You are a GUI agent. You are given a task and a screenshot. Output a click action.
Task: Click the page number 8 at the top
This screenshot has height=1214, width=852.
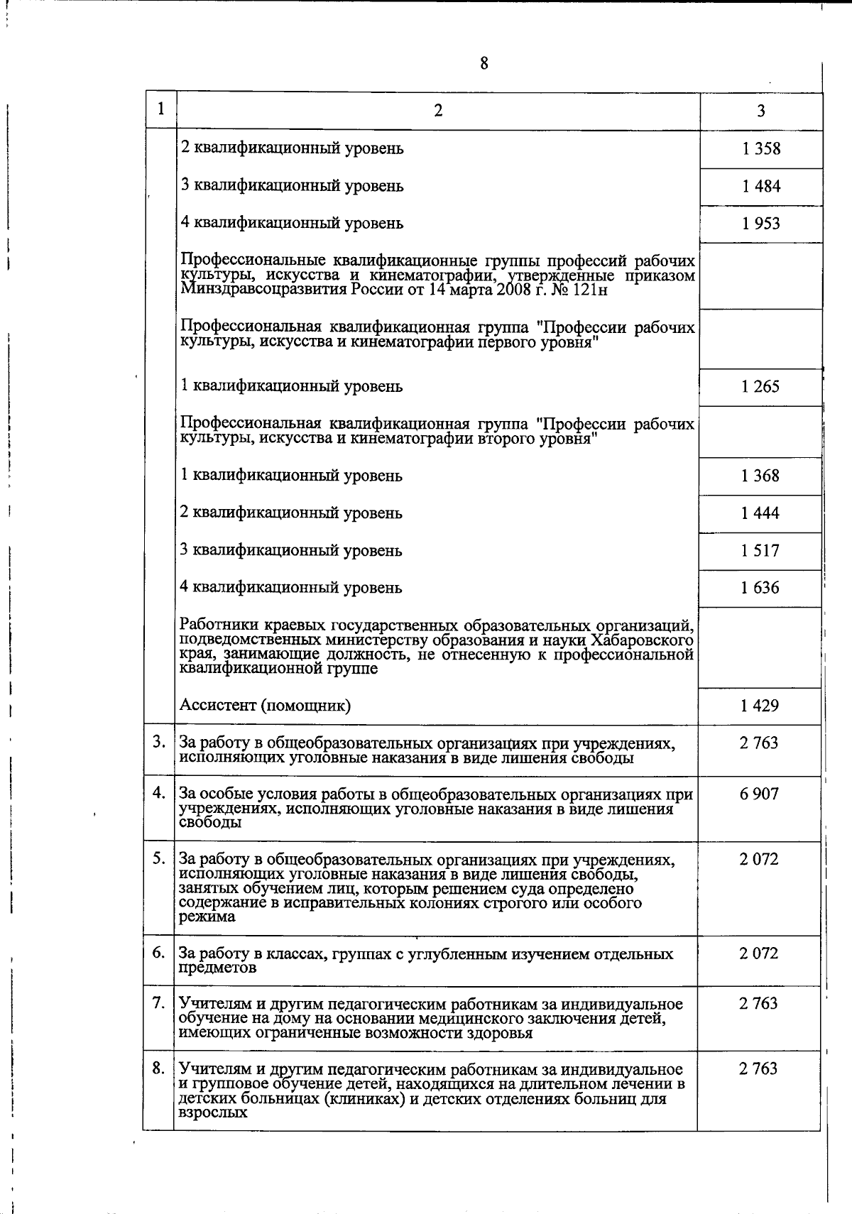click(x=484, y=64)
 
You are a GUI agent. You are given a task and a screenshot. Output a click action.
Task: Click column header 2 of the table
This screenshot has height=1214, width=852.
click(x=438, y=111)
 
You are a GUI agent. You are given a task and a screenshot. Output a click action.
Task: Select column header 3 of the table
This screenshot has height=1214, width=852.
click(x=760, y=111)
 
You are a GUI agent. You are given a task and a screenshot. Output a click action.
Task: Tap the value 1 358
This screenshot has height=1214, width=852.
click(x=760, y=148)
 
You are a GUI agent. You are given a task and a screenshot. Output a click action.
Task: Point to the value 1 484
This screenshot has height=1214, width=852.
click(x=760, y=186)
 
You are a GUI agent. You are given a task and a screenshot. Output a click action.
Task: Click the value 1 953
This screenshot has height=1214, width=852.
click(x=760, y=224)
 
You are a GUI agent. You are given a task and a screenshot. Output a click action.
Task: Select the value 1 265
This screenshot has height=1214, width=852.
click(x=760, y=386)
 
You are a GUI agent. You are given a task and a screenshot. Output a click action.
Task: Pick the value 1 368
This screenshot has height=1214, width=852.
click(x=760, y=476)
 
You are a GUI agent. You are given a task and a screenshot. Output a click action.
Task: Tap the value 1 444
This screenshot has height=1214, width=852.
click(x=760, y=513)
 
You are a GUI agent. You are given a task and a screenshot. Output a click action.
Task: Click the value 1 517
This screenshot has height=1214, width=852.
click(x=760, y=550)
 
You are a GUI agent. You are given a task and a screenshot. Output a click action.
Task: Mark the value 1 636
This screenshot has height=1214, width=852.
click(x=760, y=588)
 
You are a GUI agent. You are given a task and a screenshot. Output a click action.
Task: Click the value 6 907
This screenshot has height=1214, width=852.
click(x=758, y=794)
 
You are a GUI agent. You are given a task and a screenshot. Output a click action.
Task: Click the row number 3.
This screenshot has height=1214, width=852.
click(x=159, y=743)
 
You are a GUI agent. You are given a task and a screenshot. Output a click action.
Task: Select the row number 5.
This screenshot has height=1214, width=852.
click(x=159, y=859)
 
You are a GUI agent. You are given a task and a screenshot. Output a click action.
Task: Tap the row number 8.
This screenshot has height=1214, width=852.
click(x=159, y=1068)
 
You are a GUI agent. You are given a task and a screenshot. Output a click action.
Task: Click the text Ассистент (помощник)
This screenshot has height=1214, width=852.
click(x=265, y=706)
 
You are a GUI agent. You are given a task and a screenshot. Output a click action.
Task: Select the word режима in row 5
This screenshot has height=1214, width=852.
click(x=207, y=917)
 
